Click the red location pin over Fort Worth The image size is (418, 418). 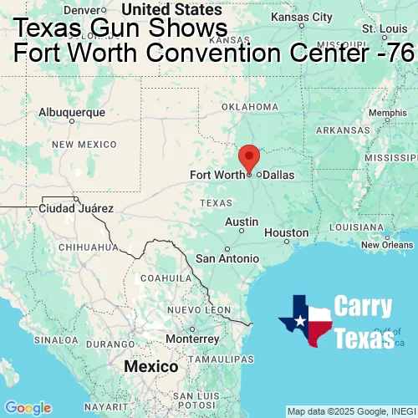coord(249,157)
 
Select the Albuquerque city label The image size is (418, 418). coord(73,112)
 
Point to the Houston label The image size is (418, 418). coord(286,232)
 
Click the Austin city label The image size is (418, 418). coord(242,222)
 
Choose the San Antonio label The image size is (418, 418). coord(228,258)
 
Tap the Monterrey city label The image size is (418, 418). coord(191,339)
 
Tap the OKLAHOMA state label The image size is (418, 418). coord(250,107)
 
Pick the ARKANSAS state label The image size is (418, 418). coord(342,130)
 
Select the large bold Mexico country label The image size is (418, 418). coord(150,367)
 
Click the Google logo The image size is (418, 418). coord(27,408)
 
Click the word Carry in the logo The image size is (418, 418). coord(363,306)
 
